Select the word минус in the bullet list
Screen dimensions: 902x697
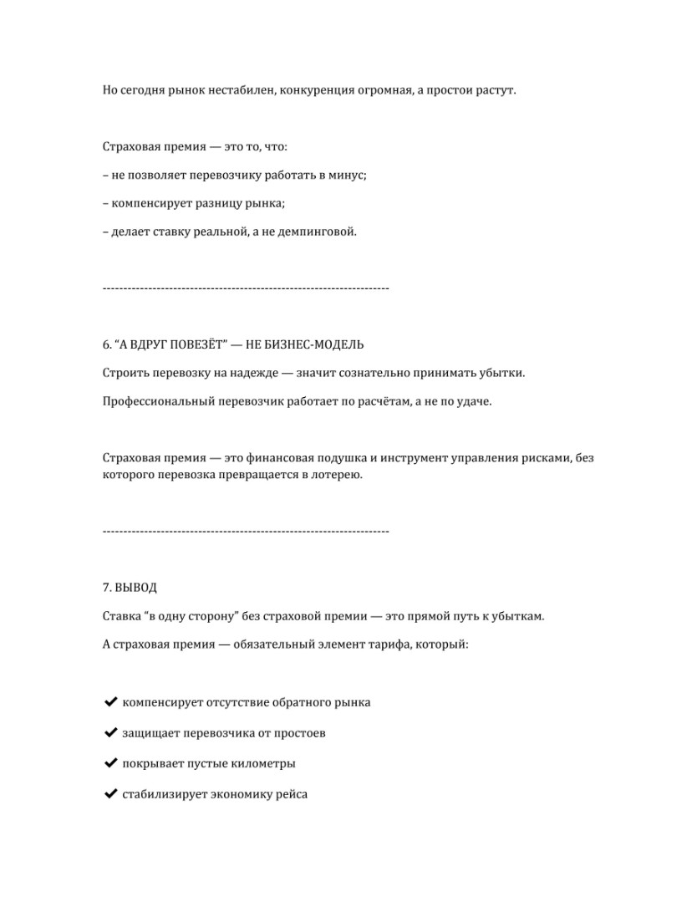coord(348,176)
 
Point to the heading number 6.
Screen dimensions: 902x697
coord(106,344)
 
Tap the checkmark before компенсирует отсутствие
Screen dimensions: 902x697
coord(109,702)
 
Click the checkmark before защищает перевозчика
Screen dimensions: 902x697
coord(109,733)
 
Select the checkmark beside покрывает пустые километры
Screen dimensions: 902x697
coord(109,763)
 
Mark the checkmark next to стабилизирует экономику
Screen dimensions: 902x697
coord(109,794)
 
